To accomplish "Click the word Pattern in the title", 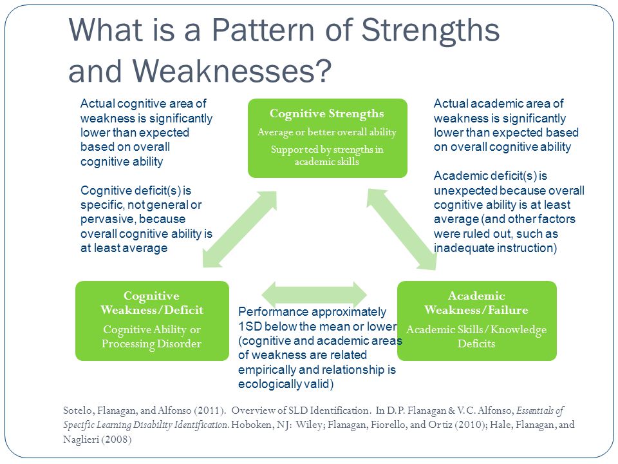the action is [263, 30].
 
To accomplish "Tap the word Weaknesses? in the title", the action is [232, 71].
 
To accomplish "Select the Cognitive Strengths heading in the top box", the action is [327, 113].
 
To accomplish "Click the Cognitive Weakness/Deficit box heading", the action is [152, 303].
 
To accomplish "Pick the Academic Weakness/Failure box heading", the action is [476, 303].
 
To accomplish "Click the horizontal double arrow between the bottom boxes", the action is [314, 295].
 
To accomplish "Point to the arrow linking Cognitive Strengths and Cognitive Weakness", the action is [239, 229].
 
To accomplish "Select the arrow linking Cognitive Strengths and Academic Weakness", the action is [402, 229].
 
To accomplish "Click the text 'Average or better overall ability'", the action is [327, 132].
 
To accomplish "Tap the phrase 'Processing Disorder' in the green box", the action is [151, 343].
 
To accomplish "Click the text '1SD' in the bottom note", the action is [250, 326].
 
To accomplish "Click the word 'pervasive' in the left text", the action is [105, 219].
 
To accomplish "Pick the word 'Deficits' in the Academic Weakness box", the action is [476, 343].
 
